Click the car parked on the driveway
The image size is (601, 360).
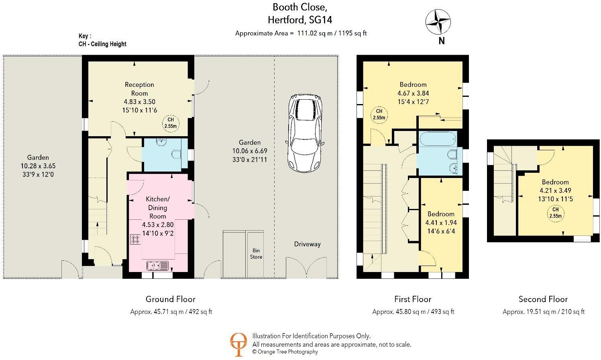click(x=304, y=133)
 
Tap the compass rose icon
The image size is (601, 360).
click(x=438, y=22)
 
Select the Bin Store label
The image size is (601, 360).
click(x=256, y=254)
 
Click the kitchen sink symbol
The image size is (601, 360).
click(x=158, y=266)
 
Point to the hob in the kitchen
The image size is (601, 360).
click(x=135, y=240)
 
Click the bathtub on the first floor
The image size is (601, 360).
click(x=437, y=139)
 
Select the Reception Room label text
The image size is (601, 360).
click(x=139, y=89)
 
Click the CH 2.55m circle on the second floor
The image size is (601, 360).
click(x=555, y=213)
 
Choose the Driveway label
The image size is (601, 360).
click(x=307, y=244)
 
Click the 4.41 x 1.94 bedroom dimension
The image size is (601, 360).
click(x=441, y=223)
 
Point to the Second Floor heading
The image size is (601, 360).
click(x=543, y=299)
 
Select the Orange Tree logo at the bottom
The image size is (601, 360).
click(x=238, y=344)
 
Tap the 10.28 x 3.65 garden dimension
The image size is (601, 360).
click(x=38, y=166)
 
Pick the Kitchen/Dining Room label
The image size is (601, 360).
click(x=157, y=207)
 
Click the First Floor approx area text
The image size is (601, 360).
click(x=413, y=311)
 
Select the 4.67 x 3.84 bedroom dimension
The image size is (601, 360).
click(x=413, y=93)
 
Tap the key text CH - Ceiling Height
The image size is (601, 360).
click(x=102, y=44)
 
